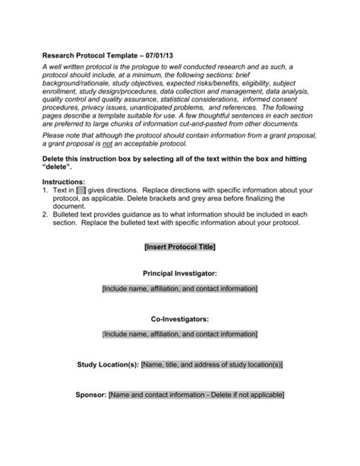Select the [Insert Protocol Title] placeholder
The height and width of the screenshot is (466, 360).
(x=180, y=246)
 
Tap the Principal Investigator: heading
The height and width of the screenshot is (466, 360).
(x=180, y=271)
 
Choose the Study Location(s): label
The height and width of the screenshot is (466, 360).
(x=108, y=364)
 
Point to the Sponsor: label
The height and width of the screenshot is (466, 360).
(x=91, y=395)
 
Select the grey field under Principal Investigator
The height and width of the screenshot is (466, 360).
(x=180, y=289)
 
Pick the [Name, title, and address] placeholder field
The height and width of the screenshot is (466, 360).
(x=212, y=364)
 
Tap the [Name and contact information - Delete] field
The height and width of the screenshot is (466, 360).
(x=197, y=395)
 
